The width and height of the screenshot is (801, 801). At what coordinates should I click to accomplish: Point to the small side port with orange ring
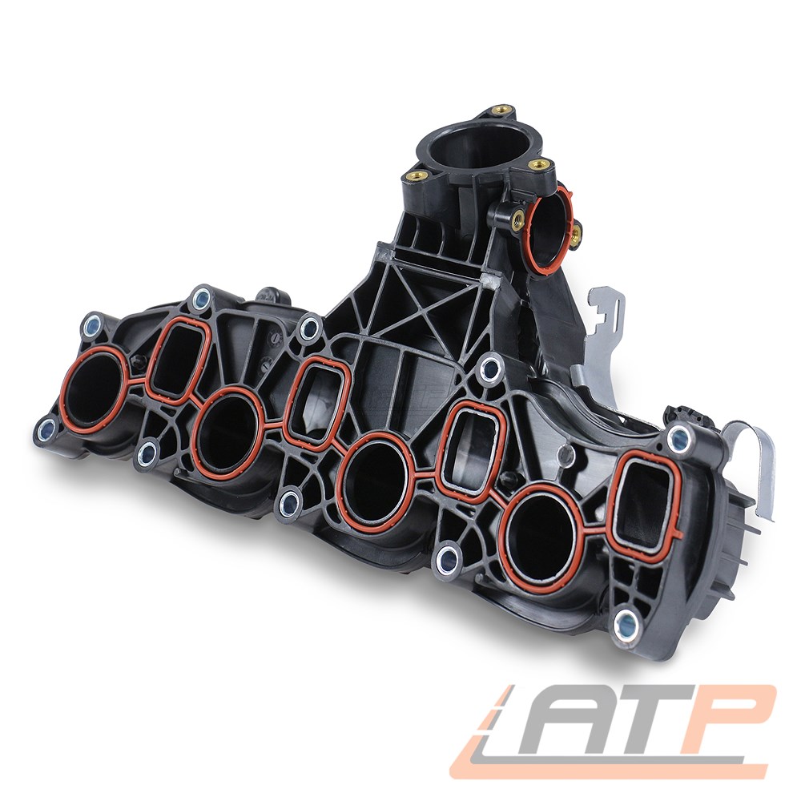549,227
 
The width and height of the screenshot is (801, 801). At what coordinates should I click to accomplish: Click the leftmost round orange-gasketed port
95,390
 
